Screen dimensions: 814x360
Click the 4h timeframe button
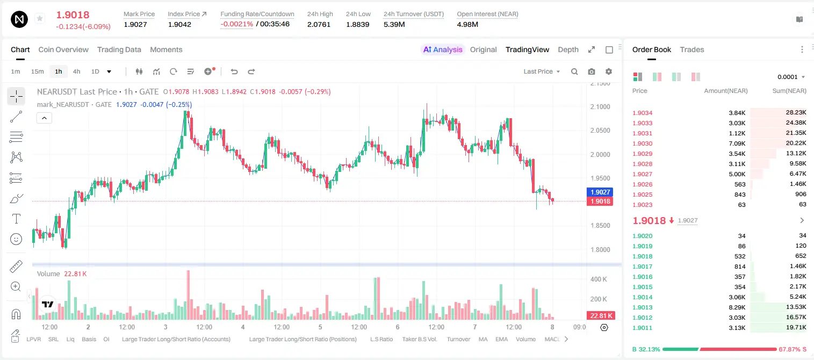click(76, 71)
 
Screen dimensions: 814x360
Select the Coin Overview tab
click(63, 49)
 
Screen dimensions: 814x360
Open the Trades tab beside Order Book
click(692, 49)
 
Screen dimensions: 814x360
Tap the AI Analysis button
click(443, 49)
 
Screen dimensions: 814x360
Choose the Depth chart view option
click(568, 49)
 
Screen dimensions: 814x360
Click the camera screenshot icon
click(592, 71)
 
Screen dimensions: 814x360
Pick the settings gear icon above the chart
click(609, 71)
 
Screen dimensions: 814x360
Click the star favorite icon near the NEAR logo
click(40, 18)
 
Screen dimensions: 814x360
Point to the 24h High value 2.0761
click(319, 24)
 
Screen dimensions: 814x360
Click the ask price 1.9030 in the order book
click(642, 143)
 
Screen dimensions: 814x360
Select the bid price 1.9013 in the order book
click(642, 307)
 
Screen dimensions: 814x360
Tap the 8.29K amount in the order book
click(737, 307)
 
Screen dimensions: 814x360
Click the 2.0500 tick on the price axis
click(600, 131)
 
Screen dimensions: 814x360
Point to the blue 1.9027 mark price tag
click(600, 192)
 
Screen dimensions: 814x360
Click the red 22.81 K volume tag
click(601, 316)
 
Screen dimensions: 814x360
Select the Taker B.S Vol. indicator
click(419, 339)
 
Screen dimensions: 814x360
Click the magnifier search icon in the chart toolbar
click(574, 71)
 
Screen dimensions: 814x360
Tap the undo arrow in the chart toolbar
click(234, 71)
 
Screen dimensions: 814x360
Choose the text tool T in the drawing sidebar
click(16, 219)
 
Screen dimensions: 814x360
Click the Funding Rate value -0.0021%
click(236, 24)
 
